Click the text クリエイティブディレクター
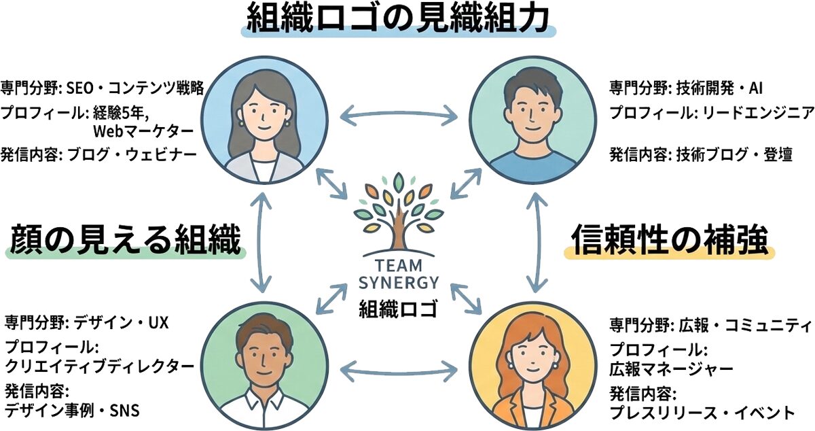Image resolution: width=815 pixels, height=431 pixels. (x=100, y=366)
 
